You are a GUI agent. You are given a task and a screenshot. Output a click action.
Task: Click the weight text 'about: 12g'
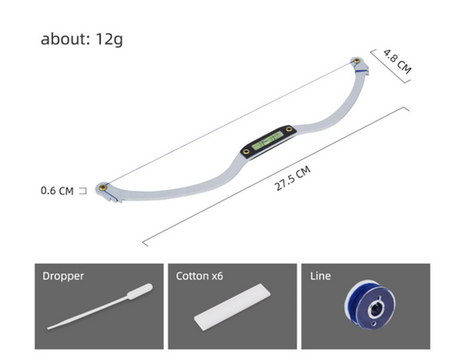coord(82,39)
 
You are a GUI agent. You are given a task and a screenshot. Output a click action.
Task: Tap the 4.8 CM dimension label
coord(398,62)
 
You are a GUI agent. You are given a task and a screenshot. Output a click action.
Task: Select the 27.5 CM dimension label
coord(292,178)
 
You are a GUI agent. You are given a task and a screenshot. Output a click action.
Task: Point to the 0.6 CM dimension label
coord(57,191)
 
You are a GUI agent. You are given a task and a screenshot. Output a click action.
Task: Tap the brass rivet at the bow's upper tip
coord(357,61)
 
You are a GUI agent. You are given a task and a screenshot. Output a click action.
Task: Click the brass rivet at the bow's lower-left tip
coord(102,187)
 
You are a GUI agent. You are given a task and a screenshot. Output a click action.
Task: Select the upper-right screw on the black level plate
coord(289,129)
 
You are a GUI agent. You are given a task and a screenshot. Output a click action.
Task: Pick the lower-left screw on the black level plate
coord(246,152)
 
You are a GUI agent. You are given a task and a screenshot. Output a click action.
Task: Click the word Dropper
coord(63,276)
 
